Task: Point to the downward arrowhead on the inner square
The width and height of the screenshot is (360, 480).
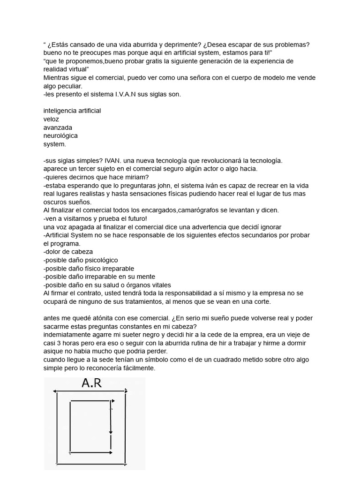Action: (x=111, y=432)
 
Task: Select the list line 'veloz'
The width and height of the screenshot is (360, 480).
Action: (x=51, y=119)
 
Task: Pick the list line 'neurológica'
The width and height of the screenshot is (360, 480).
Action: (x=60, y=136)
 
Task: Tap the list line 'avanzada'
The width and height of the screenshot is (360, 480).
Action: (x=58, y=127)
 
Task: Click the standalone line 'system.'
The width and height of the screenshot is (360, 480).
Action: (x=54, y=144)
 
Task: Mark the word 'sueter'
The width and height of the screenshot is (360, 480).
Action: (x=122, y=335)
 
